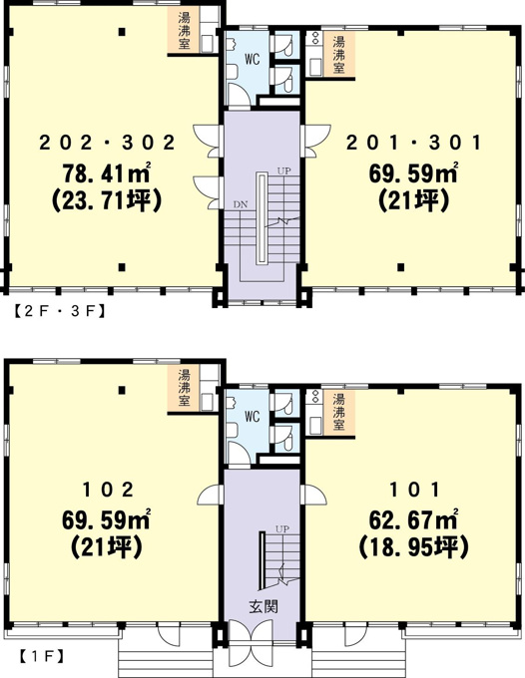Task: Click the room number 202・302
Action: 107,143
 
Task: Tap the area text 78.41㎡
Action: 107,172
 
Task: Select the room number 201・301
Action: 414,143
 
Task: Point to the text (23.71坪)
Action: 107,200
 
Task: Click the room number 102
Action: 108,490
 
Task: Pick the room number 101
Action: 414,490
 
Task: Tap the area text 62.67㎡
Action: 413,520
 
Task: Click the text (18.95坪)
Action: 413,547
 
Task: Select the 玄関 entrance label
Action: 263,606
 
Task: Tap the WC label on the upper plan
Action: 252,59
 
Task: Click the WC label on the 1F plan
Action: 252,417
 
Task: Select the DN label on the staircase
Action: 241,204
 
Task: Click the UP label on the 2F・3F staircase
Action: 283,170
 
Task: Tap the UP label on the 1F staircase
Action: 282,528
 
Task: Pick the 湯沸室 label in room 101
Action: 338,413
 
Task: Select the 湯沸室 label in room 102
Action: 184,388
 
